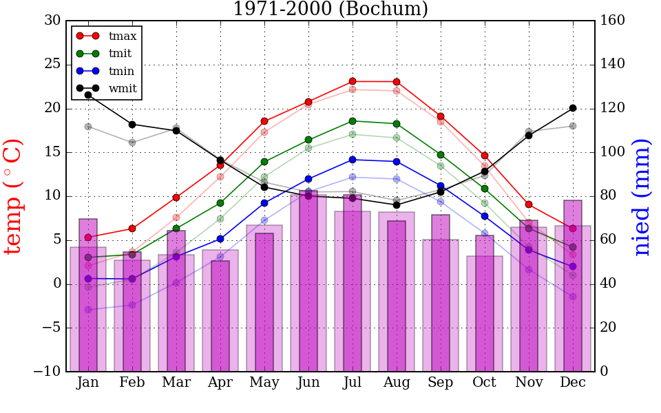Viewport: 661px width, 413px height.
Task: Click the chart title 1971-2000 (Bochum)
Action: (x=330, y=9)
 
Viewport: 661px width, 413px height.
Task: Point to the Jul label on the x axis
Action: (x=353, y=383)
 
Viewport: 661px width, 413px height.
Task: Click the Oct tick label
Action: (x=485, y=383)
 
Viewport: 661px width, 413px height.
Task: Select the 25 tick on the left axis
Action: (x=52, y=65)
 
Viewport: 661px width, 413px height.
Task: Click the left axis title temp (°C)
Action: (x=14, y=196)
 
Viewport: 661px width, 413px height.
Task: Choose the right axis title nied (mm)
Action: (x=642, y=196)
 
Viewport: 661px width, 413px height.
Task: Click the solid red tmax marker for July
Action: (x=353, y=81)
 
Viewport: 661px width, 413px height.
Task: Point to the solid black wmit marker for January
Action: (x=88, y=95)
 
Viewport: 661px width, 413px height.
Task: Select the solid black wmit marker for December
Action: (x=573, y=108)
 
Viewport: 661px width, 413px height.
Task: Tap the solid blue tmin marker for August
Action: (x=397, y=162)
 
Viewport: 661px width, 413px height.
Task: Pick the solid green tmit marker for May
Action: (x=264, y=162)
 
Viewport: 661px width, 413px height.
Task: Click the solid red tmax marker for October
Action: (x=485, y=156)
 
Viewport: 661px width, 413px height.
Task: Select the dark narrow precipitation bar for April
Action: (x=220, y=317)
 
